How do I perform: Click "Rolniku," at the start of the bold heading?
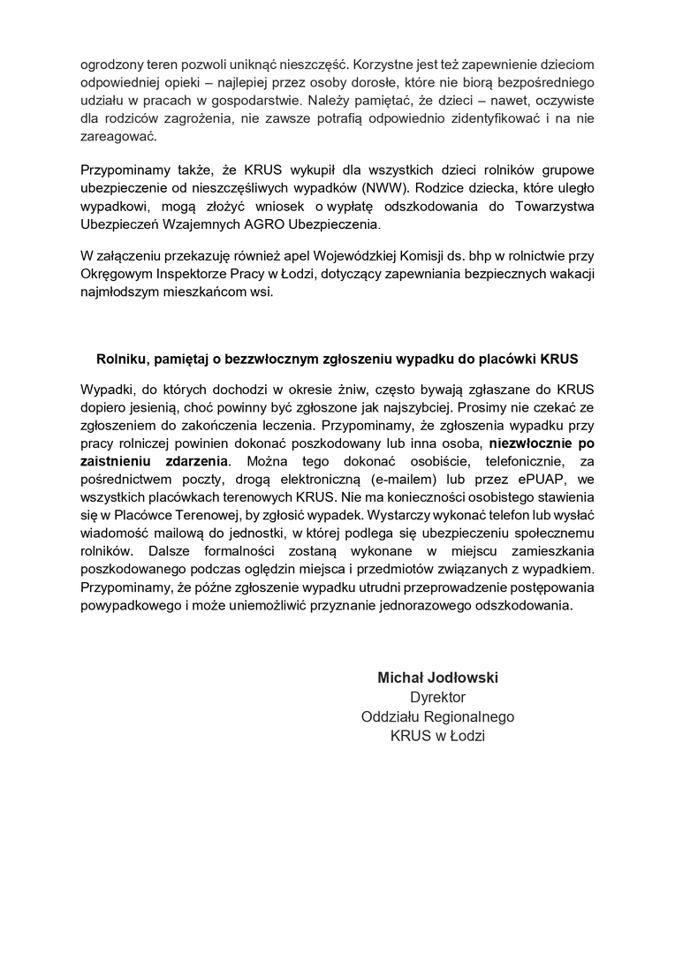[x=123, y=360]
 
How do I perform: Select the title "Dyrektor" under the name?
[x=438, y=698]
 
